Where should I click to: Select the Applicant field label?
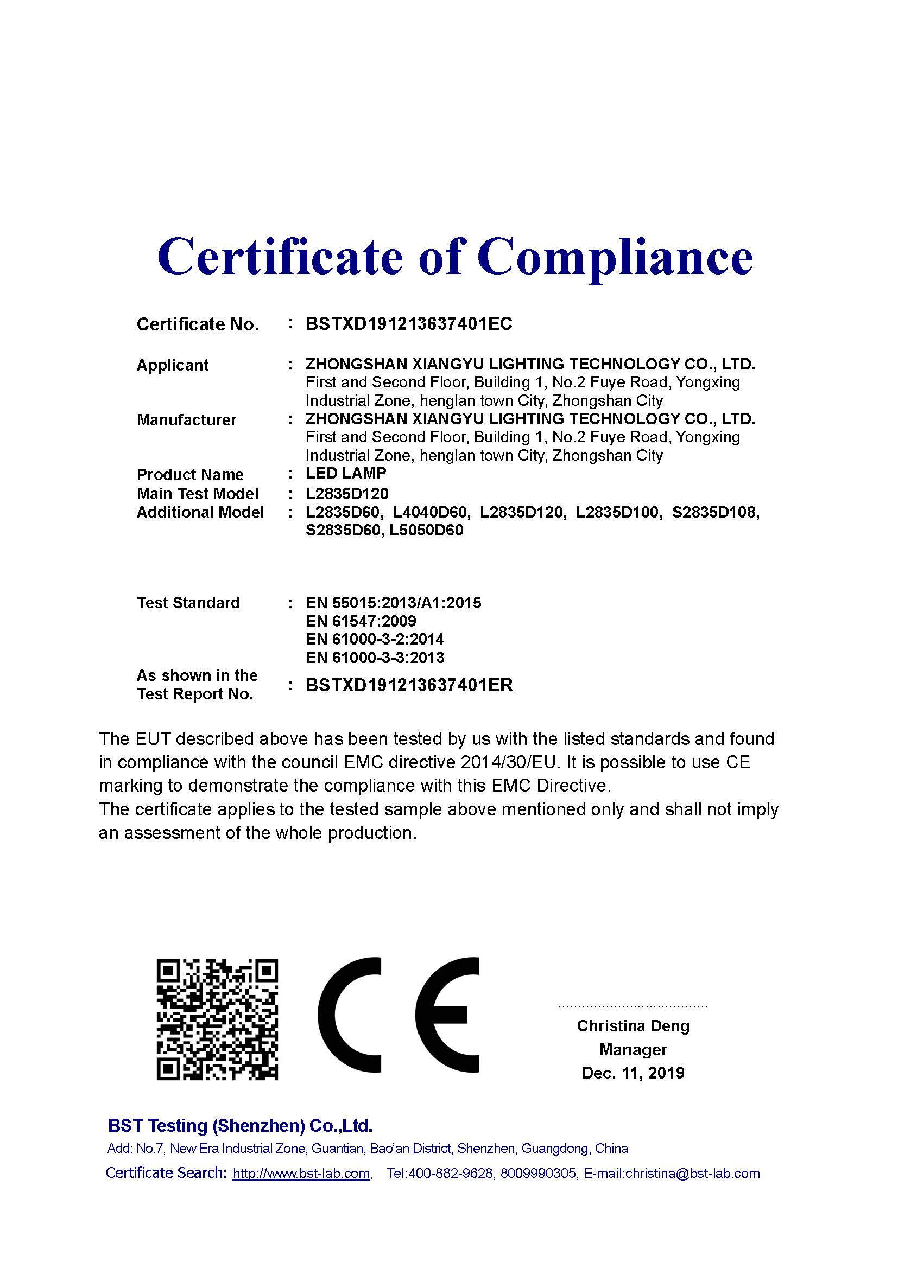coord(173,365)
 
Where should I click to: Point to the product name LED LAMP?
coord(346,473)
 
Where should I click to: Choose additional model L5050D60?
coord(426,531)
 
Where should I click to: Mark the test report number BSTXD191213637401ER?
coord(409,685)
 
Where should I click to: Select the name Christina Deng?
coord(633,1026)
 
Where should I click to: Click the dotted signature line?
coord(633,1006)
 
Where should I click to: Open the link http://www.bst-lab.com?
coord(301,1173)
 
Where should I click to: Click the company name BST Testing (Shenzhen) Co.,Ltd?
coord(240,1125)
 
